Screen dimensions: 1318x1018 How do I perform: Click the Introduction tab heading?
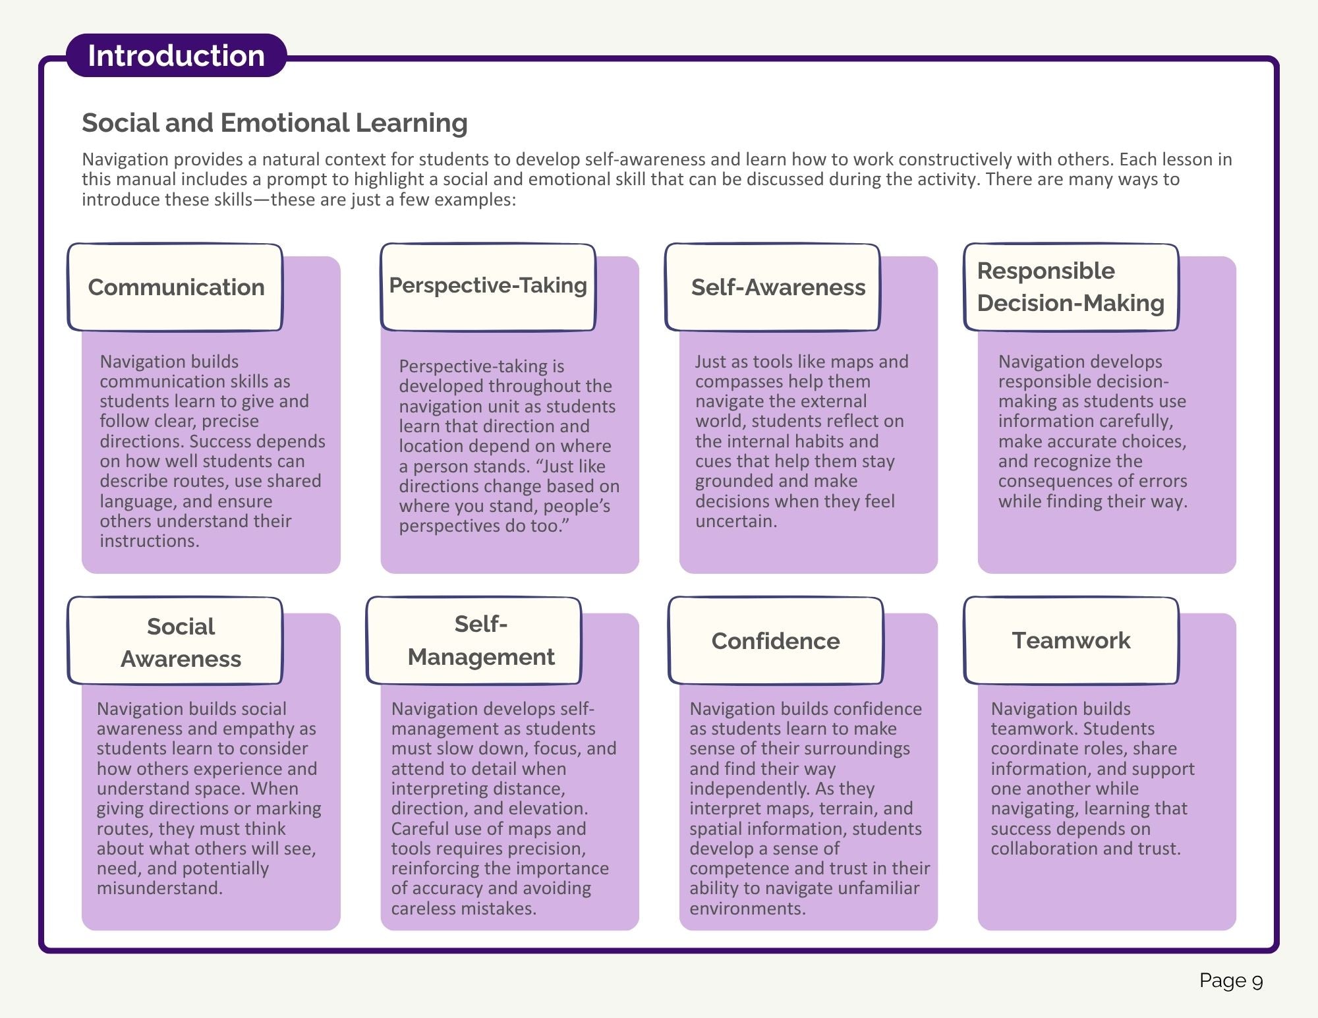tap(176, 56)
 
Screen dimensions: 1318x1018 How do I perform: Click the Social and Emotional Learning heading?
tap(275, 123)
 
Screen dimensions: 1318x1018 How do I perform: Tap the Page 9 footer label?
tap(1231, 980)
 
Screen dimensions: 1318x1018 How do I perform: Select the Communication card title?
tap(176, 287)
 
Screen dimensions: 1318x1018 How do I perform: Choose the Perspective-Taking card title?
tap(488, 285)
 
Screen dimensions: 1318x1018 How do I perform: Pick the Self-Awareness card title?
tap(778, 287)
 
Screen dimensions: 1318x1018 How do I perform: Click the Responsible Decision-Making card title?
tap(1071, 287)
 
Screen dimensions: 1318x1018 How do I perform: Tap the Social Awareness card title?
tap(181, 642)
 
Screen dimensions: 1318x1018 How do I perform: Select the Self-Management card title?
tap(481, 640)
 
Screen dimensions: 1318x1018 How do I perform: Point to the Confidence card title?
tap(776, 641)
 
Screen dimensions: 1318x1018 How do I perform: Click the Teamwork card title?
tap(1071, 640)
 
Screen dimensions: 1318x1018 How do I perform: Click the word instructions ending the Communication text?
tap(150, 541)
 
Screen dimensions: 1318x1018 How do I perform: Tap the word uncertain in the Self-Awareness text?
tap(736, 521)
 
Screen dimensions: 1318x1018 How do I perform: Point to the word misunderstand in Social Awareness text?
tap(159, 888)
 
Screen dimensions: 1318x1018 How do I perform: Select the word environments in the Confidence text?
tap(748, 909)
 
